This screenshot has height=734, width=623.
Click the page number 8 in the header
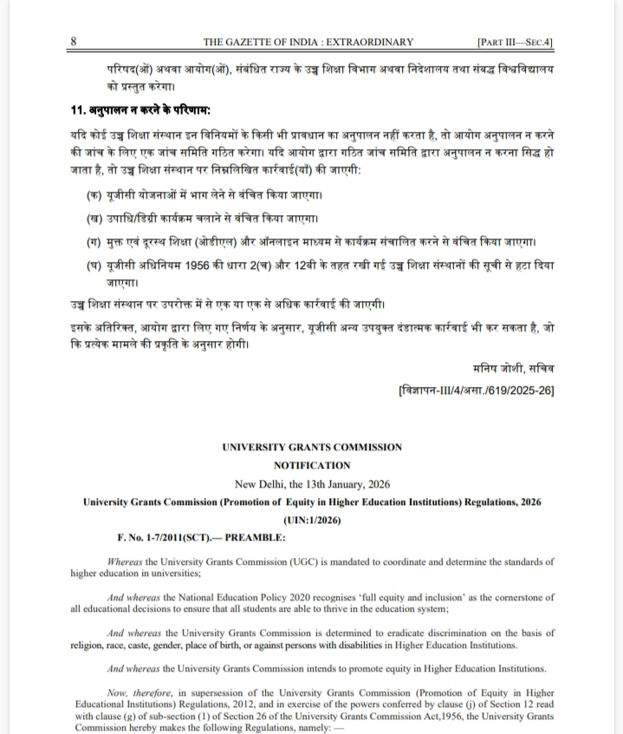coord(75,42)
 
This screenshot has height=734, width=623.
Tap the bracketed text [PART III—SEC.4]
coord(516,42)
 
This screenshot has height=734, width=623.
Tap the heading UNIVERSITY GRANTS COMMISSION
coord(312,448)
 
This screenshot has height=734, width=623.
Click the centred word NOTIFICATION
coord(312,466)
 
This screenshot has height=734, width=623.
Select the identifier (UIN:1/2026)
coord(312,521)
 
